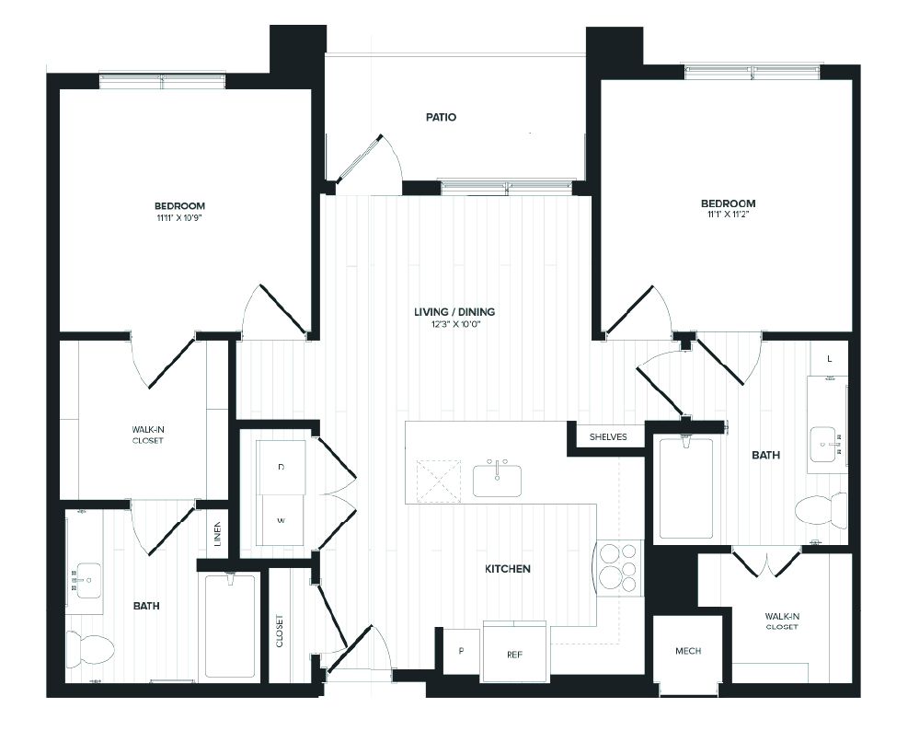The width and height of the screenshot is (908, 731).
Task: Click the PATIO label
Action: click(x=441, y=118)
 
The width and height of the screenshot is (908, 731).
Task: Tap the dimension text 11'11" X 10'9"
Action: click(x=179, y=219)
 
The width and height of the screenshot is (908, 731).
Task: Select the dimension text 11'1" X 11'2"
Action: click(x=728, y=216)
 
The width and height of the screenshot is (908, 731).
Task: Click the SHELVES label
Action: click(x=608, y=436)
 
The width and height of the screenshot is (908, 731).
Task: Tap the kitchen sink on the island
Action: click(x=497, y=480)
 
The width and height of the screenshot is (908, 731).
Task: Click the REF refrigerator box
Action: click(x=514, y=654)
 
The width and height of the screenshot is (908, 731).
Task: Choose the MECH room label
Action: click(x=687, y=651)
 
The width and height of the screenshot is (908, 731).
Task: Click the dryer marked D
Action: click(x=281, y=468)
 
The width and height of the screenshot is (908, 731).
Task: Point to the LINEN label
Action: click(x=217, y=535)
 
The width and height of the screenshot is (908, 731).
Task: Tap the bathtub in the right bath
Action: click(x=685, y=488)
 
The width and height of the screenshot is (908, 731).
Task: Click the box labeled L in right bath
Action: click(x=830, y=358)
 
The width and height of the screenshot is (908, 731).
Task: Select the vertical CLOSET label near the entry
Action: click(x=280, y=631)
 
